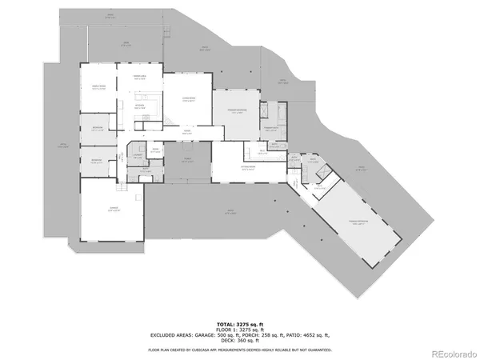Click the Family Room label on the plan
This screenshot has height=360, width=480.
[x=99, y=87]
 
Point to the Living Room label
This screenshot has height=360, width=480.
[x=189, y=100]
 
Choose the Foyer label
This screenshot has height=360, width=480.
[x=186, y=132]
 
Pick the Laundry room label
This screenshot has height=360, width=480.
[x=138, y=154]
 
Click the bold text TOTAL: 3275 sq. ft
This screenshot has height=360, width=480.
[x=240, y=320]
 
